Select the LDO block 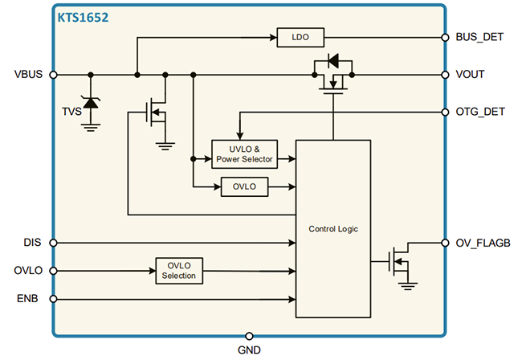[300, 37]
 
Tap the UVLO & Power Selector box [243, 153]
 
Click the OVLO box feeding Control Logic [243, 187]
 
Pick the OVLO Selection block [179, 271]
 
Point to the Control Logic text [333, 229]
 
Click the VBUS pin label [30, 75]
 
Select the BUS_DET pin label [479, 37]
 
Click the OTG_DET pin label [480, 112]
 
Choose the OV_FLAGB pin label [483, 243]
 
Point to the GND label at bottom [249, 350]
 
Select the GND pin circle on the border [249, 335]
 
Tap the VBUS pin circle [53, 75]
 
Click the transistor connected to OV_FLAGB [398, 261]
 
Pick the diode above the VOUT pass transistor [333, 59]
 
